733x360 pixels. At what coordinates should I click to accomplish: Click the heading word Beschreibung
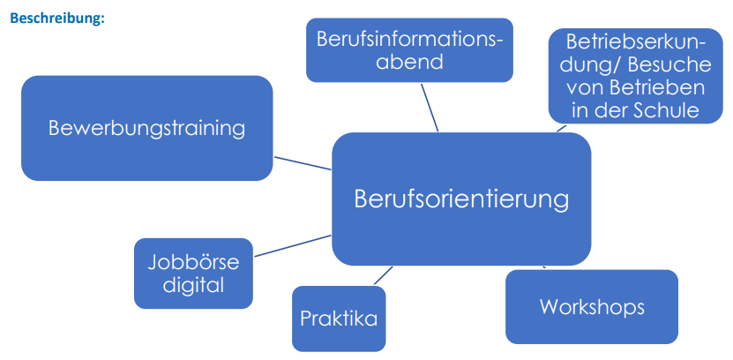pos(56,19)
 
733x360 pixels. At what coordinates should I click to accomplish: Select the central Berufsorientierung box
pos(461,199)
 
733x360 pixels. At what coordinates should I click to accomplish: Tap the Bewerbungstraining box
pos(146,128)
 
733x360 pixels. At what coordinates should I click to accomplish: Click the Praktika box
pos(339,319)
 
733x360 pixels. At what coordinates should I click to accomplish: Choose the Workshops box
pos(592,307)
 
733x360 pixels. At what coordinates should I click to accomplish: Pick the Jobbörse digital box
pos(193,274)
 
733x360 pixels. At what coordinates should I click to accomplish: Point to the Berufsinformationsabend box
pos(409,50)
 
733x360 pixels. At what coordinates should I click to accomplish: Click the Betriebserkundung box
pos(636,76)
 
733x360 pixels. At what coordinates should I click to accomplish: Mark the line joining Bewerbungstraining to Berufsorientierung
pos(303,163)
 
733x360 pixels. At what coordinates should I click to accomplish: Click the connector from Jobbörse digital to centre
pos(293,246)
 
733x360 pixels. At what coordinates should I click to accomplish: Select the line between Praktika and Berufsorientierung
pos(384,275)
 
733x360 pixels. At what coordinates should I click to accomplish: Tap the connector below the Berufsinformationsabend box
pos(430,107)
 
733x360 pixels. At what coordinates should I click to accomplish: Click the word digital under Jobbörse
pos(193,285)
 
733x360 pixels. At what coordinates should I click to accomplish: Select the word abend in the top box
pos(409,62)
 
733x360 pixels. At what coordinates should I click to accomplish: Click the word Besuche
pos(669,65)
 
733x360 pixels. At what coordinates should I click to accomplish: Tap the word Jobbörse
pos(193,262)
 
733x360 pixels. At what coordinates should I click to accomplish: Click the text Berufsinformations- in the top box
pos(409,40)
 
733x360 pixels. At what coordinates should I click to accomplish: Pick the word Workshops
pos(592,307)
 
